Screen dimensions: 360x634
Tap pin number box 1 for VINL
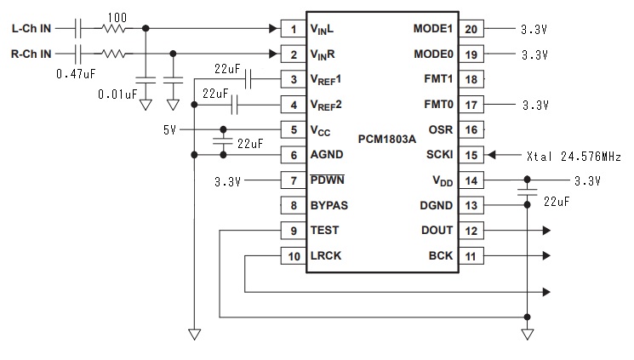coord(294,29)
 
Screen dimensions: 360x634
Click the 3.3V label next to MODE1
coord(534,29)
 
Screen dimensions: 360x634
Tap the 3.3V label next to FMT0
coord(534,106)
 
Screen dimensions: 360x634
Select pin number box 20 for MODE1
coord(471,29)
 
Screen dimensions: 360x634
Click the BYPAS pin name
coord(329,206)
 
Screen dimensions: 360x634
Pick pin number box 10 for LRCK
coord(294,256)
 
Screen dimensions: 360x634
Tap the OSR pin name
coord(440,130)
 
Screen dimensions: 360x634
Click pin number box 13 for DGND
coord(471,206)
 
